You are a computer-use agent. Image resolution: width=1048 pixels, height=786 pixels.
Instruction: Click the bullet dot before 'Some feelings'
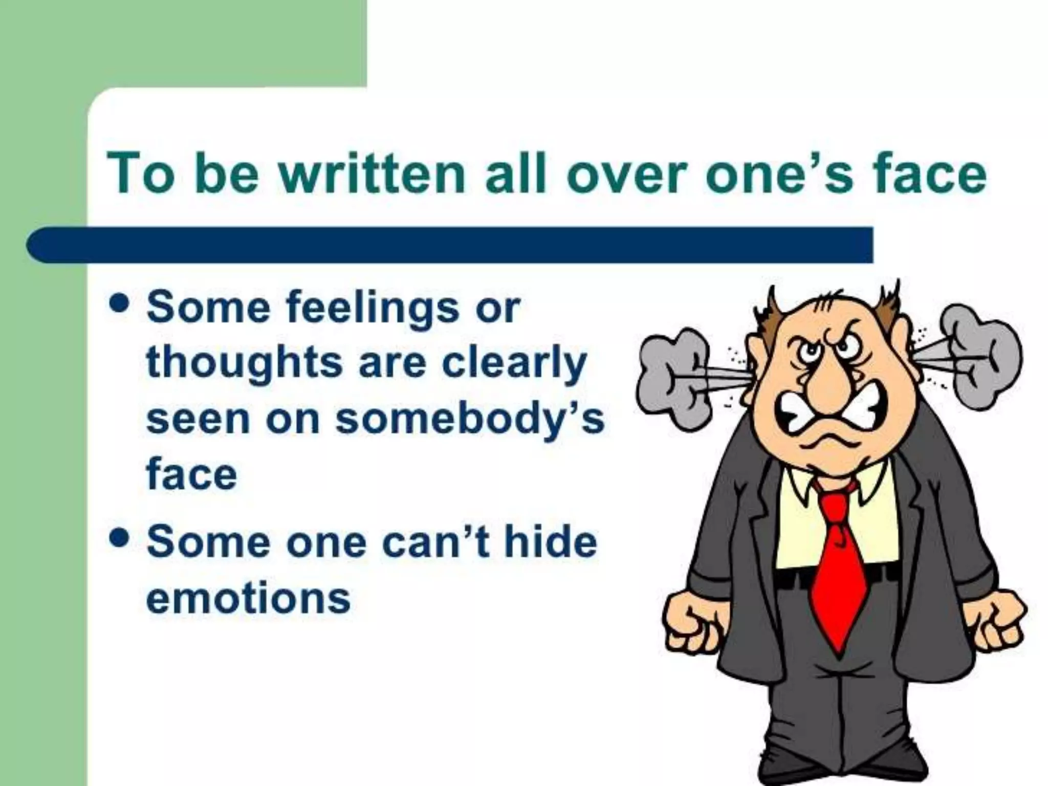pos(119,305)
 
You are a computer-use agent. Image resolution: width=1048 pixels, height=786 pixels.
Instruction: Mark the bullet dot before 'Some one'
pos(119,539)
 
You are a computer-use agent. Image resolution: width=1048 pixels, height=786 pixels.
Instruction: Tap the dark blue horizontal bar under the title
pos(450,245)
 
